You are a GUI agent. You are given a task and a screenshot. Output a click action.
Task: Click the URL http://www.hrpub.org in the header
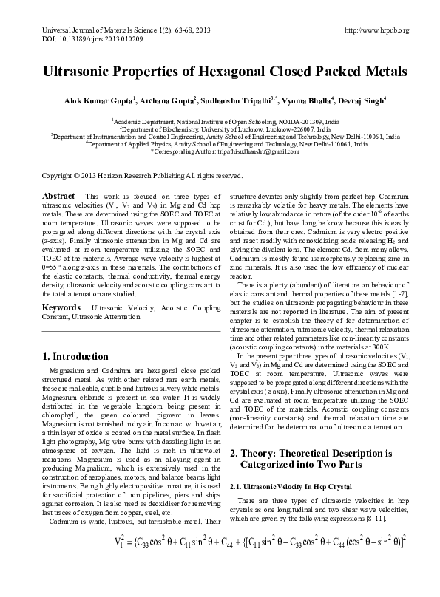pos(377,30)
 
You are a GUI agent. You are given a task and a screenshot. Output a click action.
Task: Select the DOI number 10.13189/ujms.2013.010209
pos(91,38)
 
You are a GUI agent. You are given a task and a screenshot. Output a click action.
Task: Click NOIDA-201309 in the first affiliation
pos(298,120)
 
